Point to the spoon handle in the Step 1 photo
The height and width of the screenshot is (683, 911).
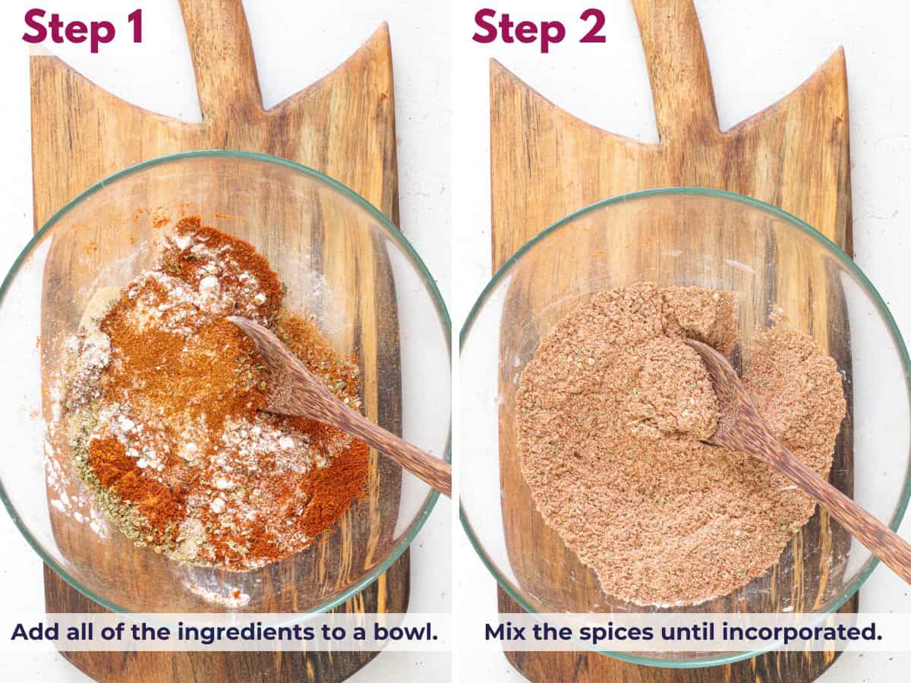coord(387,448)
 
